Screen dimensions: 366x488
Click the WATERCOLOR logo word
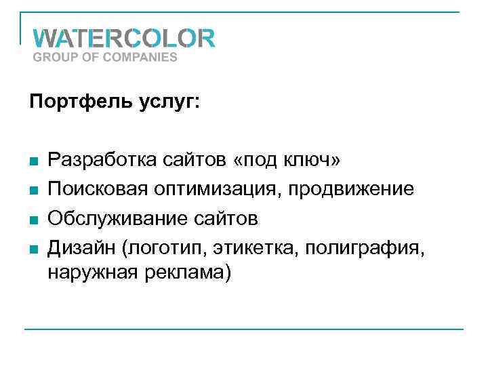(124, 37)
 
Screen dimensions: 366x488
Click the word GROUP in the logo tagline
(54, 57)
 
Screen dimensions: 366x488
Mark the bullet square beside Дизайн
(33, 249)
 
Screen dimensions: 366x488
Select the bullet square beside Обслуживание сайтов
(33, 220)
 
